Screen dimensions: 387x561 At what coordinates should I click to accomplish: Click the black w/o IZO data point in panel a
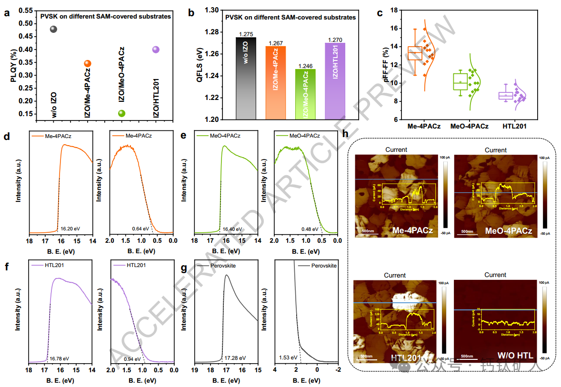click(x=54, y=29)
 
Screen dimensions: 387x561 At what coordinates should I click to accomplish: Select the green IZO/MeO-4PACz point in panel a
click(x=121, y=113)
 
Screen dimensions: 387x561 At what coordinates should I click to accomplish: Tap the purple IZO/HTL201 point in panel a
click(x=156, y=50)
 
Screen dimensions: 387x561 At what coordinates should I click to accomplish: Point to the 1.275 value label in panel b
click(x=246, y=34)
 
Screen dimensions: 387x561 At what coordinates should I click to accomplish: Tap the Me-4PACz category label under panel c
click(x=424, y=127)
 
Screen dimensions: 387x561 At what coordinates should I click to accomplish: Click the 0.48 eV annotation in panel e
click(x=311, y=229)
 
